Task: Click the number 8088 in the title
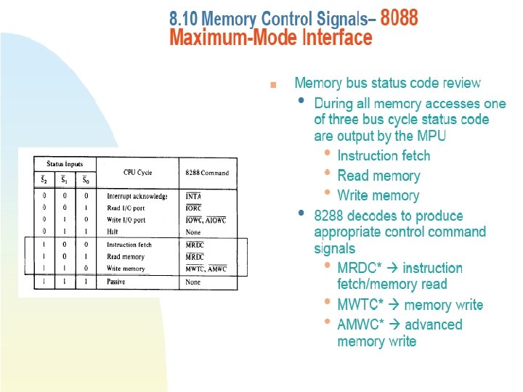coord(399,17)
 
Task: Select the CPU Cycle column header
coord(137,172)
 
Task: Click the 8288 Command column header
coord(207,173)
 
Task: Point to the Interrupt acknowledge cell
coord(137,196)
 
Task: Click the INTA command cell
coord(193,196)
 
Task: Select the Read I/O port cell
coord(126,208)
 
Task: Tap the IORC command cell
coord(194,208)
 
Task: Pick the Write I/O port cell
coord(127,219)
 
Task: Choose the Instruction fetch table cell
coord(129,245)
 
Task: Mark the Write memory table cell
coord(126,269)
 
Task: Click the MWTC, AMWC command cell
coord(206,269)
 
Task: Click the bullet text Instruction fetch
coord(384,156)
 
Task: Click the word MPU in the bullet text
coord(431,136)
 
